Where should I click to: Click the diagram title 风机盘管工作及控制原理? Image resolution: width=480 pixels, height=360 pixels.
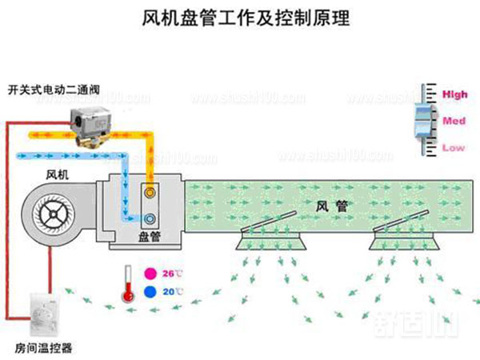pyautogui.click(x=239, y=17)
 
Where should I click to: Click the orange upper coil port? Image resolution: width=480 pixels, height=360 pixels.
pyautogui.click(x=150, y=193)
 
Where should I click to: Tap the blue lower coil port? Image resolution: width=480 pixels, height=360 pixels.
pyautogui.click(x=150, y=216)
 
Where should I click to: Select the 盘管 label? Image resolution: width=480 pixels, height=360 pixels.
pyautogui.click(x=150, y=237)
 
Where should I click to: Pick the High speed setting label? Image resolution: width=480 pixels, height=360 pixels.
pyautogui.click(x=454, y=95)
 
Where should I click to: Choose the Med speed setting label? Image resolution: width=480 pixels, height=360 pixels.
pyautogui.click(x=454, y=122)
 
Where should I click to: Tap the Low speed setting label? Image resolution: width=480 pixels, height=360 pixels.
pyautogui.click(x=454, y=148)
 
